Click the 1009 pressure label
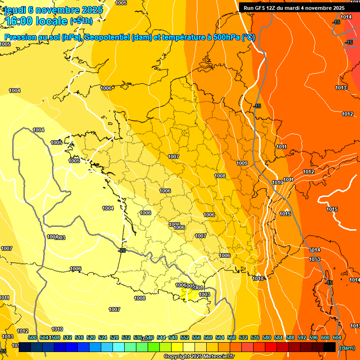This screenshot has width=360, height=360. click(242, 163)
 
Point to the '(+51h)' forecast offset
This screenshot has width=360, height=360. click(81, 21)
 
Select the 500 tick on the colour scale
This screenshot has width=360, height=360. click(32, 337)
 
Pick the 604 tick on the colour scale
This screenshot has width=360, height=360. click(337, 337)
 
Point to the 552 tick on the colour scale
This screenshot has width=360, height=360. click(185, 337)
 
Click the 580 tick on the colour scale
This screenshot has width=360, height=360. click(267, 337)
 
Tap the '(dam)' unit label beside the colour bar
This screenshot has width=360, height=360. click(346, 347)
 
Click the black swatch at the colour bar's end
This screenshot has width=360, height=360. click(330, 347)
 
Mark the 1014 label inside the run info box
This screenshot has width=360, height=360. click(346, 17)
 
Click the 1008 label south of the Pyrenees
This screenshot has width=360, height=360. click(140, 298)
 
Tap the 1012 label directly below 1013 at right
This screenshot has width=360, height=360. click(347, 114)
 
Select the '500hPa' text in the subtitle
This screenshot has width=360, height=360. click(225, 37)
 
